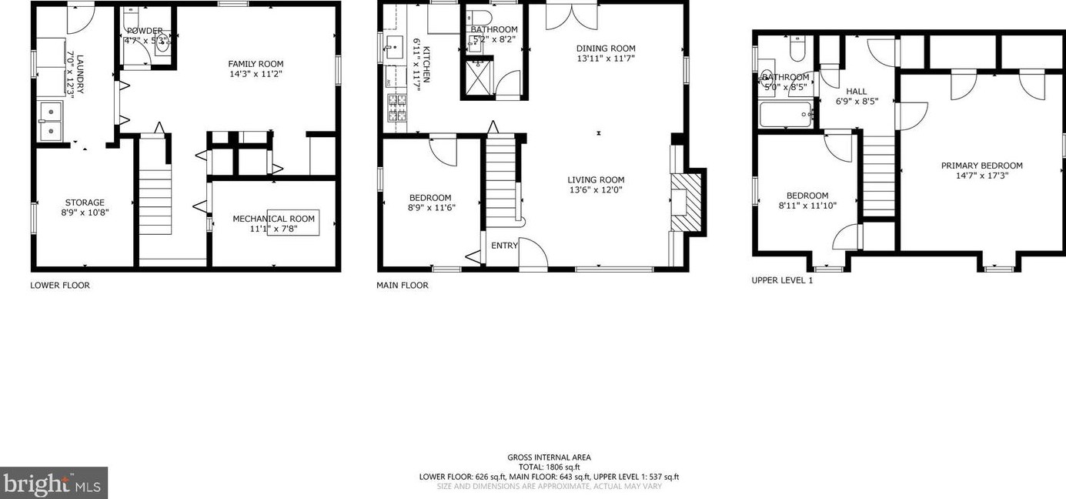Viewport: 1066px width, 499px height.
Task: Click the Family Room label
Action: [x=256, y=64]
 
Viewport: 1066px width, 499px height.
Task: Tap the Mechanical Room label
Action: [x=274, y=219]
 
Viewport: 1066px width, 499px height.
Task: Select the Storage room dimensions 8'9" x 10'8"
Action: [x=85, y=213]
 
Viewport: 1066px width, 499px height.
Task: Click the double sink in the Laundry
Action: [x=52, y=122]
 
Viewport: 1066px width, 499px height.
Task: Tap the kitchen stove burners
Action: [x=396, y=108]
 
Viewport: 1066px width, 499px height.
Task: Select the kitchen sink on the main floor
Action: [x=395, y=48]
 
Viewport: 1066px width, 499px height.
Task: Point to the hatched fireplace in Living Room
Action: [x=687, y=202]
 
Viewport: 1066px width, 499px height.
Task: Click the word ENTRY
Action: [x=504, y=246]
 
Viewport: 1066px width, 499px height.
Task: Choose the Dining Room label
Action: [x=606, y=49]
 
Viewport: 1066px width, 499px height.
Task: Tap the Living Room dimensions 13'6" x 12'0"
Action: [x=596, y=190]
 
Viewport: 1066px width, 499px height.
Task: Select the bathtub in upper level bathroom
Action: [x=786, y=116]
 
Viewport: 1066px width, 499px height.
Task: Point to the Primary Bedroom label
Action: [x=981, y=166]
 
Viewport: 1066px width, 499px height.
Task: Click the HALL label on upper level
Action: [x=857, y=91]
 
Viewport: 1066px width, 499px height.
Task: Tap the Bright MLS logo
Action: [x=53, y=483]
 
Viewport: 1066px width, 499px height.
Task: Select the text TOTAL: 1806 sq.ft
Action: [x=549, y=467]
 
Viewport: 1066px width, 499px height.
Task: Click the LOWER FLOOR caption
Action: [x=60, y=286]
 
